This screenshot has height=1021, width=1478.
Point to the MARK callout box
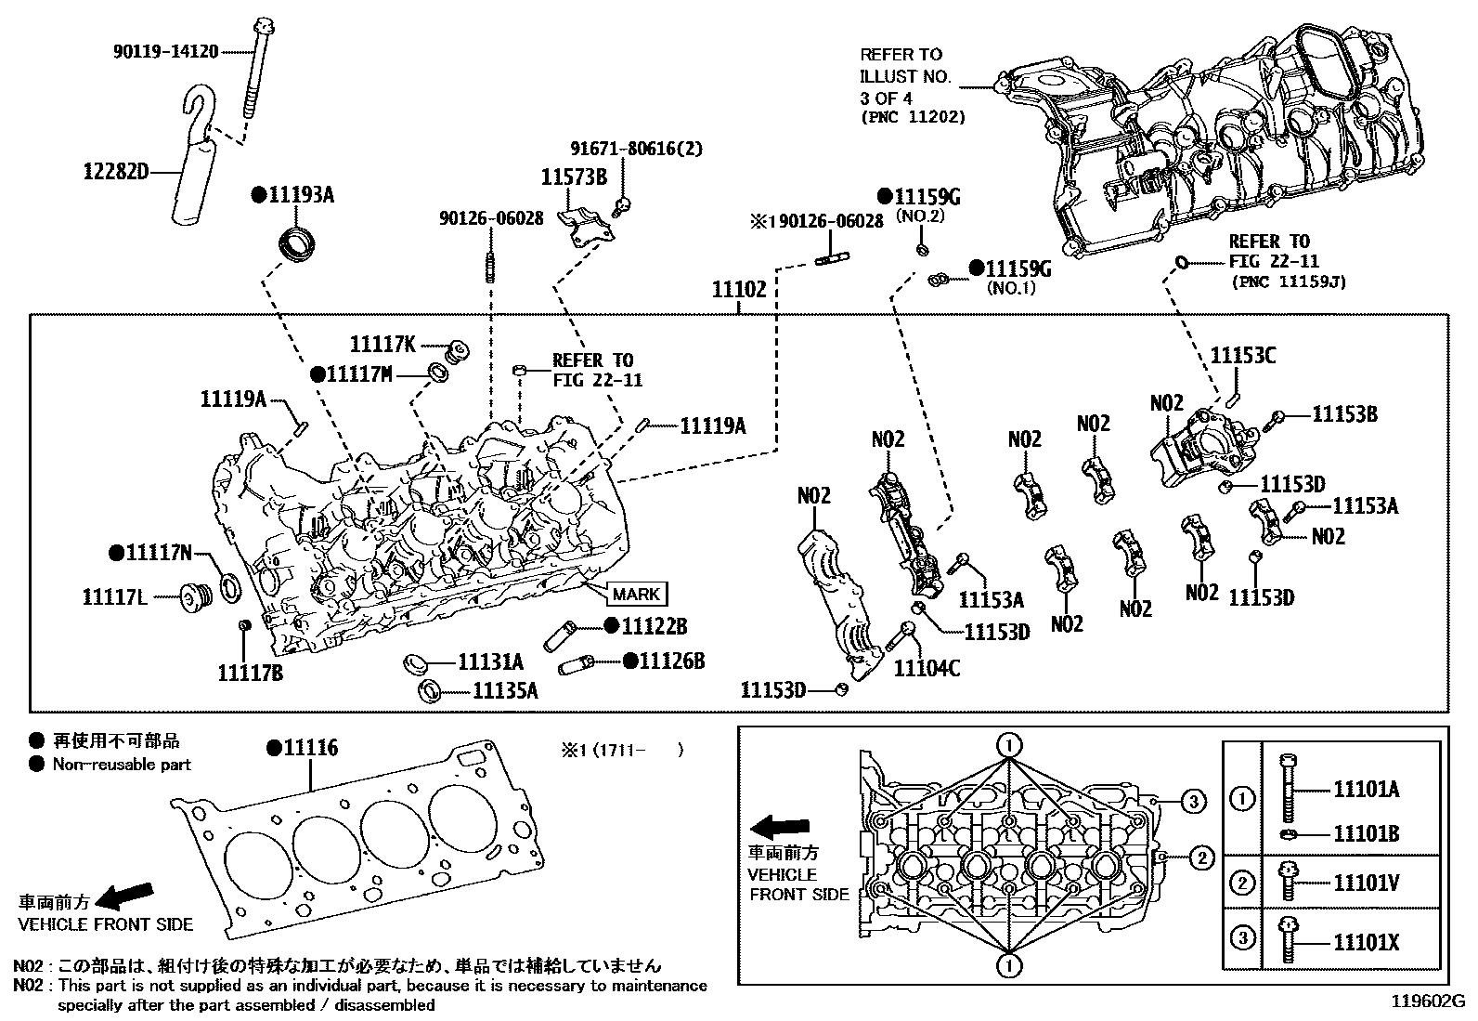pos(636,595)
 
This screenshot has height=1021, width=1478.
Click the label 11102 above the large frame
pos(739,289)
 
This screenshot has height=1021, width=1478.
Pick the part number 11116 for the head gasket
pos(310,748)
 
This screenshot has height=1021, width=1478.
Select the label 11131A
pos(490,661)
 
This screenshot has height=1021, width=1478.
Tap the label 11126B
pos(671,661)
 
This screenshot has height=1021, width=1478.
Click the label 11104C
pos(927,667)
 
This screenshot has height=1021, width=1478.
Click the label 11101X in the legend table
pos(1366,943)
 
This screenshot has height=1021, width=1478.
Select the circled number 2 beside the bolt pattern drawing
pos(1201,857)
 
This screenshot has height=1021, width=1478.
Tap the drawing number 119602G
pos(1427,1002)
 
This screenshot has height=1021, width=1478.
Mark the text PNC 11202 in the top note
pos(913,118)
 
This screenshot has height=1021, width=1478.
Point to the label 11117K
pos(382,344)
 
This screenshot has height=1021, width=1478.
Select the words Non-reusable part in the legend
pos(122,765)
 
